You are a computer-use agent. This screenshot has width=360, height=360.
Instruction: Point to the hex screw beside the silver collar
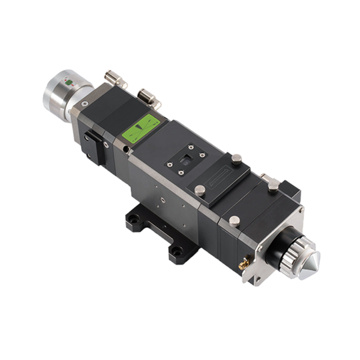coord(84,104)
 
